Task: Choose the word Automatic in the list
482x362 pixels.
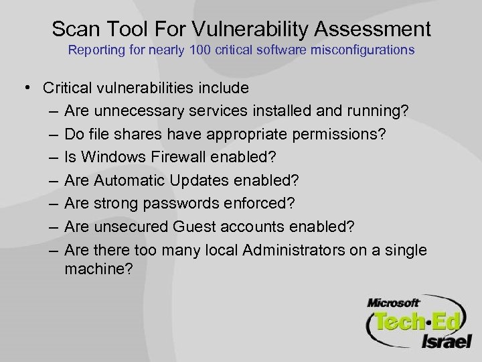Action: [x=133, y=181]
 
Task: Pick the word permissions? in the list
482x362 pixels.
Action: [x=337, y=135]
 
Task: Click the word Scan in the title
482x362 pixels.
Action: [x=72, y=29]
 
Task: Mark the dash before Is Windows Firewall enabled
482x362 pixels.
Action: [x=53, y=158]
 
